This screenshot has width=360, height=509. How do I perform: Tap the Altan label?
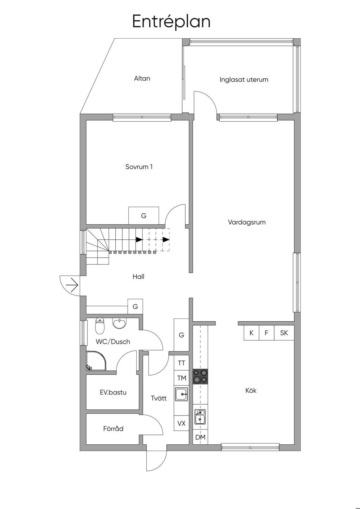142,78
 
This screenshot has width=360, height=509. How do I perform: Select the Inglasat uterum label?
244,79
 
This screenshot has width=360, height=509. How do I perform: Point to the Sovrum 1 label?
139,167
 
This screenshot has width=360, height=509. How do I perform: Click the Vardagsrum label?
247,222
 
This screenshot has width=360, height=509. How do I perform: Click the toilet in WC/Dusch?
100,326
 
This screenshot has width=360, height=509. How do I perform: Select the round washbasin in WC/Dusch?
119,323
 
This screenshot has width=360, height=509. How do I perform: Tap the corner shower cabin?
96,361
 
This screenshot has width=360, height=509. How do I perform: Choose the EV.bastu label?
113,392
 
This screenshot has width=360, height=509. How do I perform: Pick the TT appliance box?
181,363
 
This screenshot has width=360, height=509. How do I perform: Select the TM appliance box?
181,378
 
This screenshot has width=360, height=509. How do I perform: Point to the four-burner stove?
200,376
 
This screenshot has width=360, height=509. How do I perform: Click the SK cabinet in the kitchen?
284,333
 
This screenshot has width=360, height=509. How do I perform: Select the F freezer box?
266,333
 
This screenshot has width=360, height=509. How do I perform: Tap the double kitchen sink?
200,417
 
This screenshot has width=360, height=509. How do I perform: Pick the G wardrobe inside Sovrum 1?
144,215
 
